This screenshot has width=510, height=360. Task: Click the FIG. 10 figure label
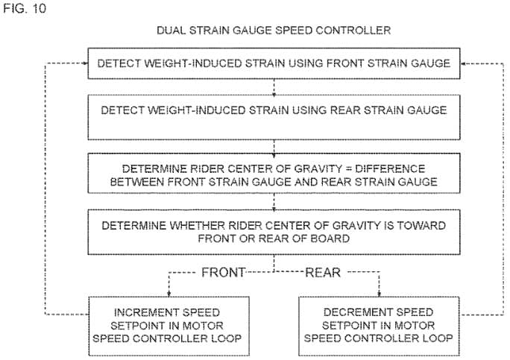[25, 8]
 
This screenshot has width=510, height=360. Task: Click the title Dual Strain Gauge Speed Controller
[274, 31]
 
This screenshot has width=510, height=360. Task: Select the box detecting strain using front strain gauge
[274, 63]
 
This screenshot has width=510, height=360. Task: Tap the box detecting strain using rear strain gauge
[274, 118]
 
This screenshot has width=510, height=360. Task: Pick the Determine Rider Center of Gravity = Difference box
[274, 174]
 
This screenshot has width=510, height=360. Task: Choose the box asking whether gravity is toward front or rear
[274, 233]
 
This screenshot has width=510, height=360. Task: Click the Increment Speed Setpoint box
[169, 326]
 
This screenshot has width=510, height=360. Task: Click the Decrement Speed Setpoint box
[380, 326]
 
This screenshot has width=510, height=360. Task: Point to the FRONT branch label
[224, 272]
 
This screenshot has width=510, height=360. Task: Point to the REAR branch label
[323, 272]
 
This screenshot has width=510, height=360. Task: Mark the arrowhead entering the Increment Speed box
[169, 294]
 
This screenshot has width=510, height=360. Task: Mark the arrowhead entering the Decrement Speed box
[379, 294]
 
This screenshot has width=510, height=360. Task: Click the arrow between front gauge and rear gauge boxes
[274, 86]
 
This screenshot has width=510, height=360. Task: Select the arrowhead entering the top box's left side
[85, 63]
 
